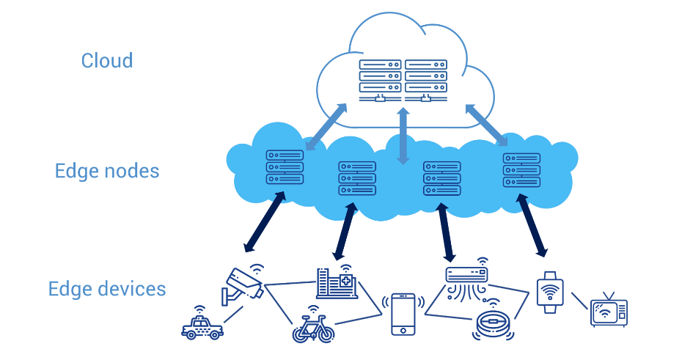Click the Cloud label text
[107, 60]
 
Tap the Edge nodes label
[107, 172]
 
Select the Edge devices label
[107, 289]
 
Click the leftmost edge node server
[285, 167]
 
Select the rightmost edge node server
[521, 170]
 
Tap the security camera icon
[243, 284]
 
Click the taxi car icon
[202, 326]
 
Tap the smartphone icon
[403, 314]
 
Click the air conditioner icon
[466, 279]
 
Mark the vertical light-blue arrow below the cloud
[402, 136]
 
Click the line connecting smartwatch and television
[579, 301]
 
